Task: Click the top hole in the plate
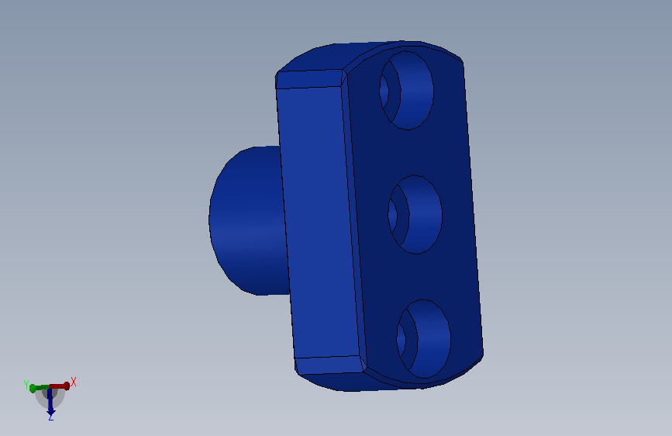click(407, 90)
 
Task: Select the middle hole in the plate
click(415, 215)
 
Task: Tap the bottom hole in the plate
click(424, 339)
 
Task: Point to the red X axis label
click(74, 382)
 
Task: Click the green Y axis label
click(26, 385)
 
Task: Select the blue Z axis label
click(51, 417)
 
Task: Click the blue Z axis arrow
click(50, 402)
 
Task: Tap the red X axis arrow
click(60, 386)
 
